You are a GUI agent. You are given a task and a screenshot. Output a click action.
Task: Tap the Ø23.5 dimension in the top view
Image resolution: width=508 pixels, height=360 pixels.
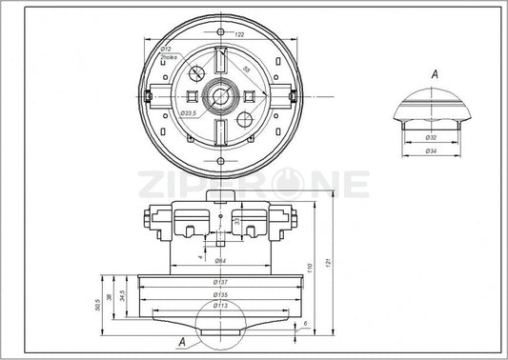tap(189, 112)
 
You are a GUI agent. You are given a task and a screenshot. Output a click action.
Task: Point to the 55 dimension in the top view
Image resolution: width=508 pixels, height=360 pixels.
tap(245, 70)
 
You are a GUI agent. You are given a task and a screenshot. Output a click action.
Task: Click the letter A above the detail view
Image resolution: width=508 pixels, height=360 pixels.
tap(434, 72)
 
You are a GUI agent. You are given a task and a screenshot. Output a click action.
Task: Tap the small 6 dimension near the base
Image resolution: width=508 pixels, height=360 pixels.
tap(304, 325)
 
